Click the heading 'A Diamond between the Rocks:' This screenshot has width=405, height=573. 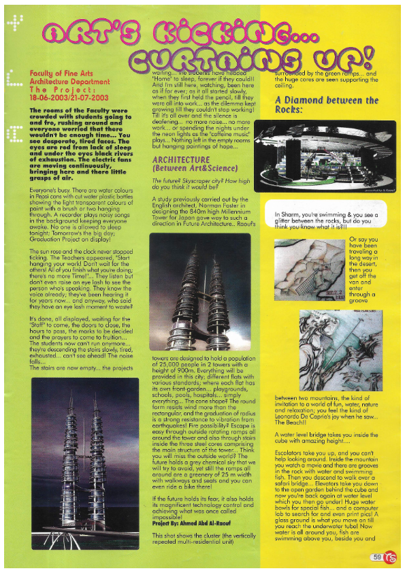tap(327, 104)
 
